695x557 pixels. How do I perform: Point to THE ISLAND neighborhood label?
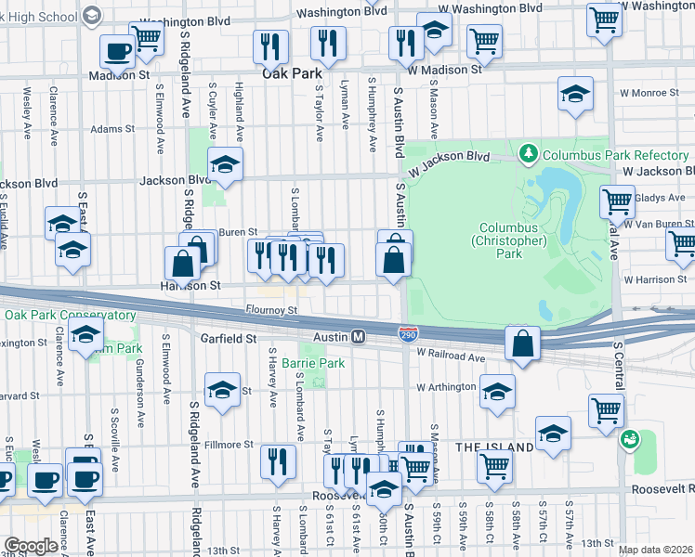pyautogui.click(x=494, y=447)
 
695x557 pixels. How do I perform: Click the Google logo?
pyautogui.click(x=31, y=546)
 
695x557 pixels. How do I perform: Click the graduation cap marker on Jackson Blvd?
pyautogui.click(x=224, y=164)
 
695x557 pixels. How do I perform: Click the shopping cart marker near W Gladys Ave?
pyautogui.click(x=617, y=201)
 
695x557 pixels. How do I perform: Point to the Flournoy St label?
pyautogui.click(x=270, y=309)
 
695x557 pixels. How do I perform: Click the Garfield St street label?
pyautogui.click(x=228, y=340)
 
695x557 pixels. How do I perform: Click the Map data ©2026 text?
pyautogui.click(x=655, y=550)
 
